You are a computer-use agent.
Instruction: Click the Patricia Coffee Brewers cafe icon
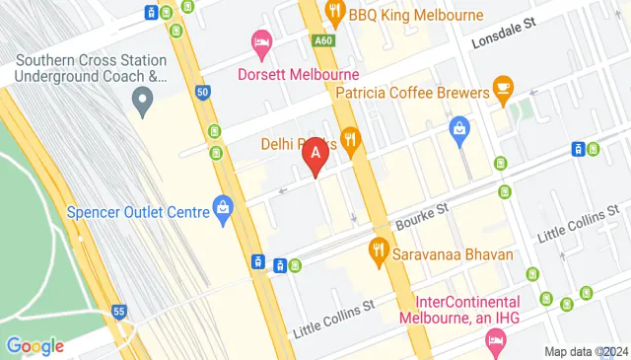(503, 88)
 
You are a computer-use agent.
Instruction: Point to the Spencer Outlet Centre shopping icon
(224, 208)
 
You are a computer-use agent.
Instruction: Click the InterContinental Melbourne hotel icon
(495, 342)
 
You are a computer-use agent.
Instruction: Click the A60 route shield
(322, 40)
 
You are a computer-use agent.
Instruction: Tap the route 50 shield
(202, 93)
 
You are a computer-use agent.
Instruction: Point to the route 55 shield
(119, 311)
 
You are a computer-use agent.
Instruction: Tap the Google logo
(35, 345)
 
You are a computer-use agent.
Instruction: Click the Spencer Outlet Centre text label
(137, 211)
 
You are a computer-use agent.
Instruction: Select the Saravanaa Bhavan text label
(454, 254)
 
